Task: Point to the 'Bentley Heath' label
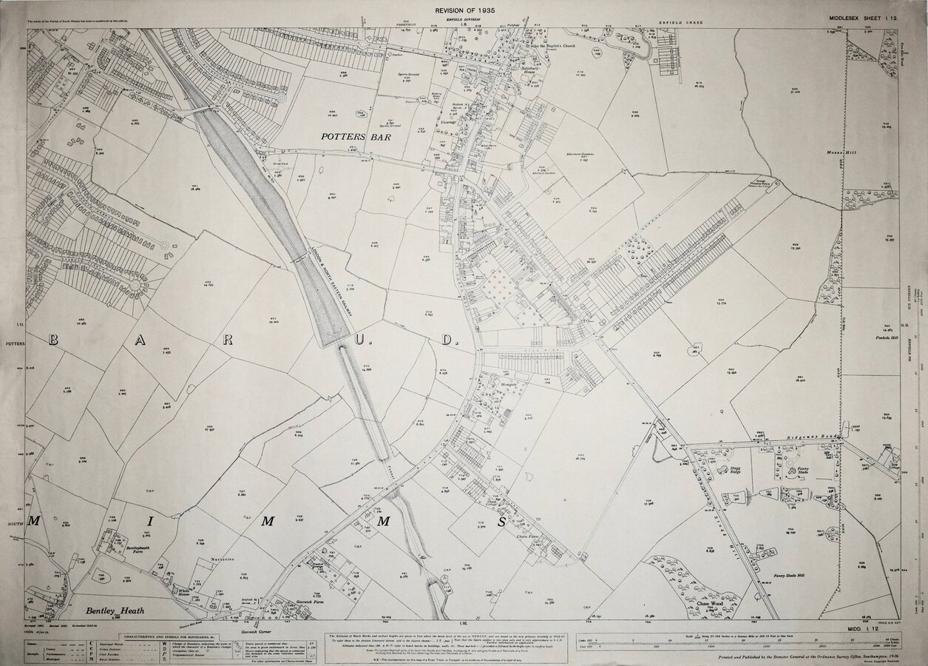click(112, 610)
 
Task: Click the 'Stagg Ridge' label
click(735, 470)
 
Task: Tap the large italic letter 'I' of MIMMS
click(149, 522)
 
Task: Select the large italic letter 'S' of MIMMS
click(501, 522)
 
